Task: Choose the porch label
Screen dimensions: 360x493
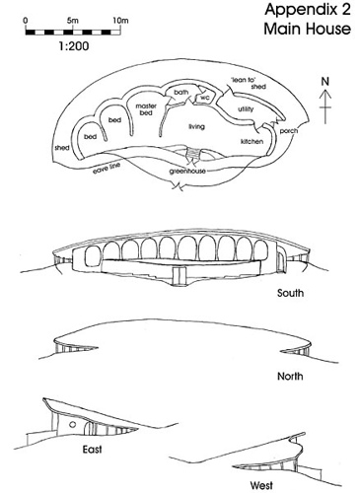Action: click(289, 131)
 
